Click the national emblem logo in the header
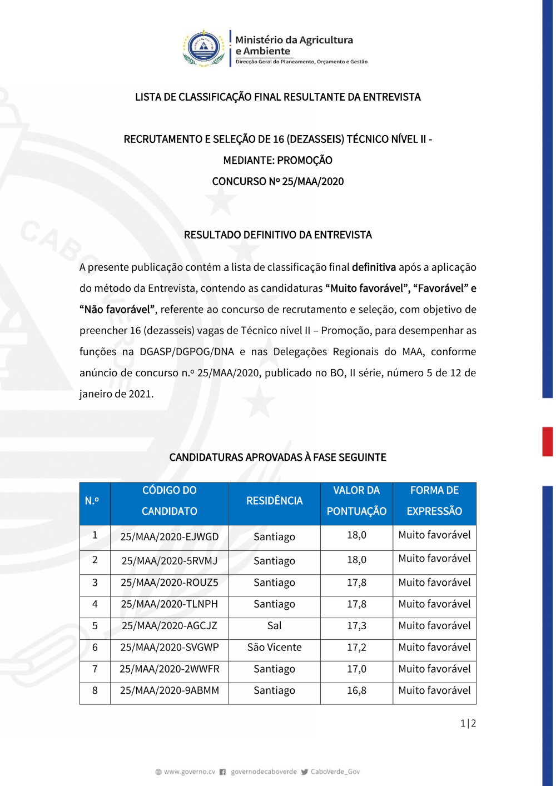tap(204, 48)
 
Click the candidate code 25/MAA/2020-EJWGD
tap(170, 537)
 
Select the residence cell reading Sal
tap(275, 626)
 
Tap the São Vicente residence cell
tap(275, 648)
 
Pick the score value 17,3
tap(356, 626)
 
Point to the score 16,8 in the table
tap(356, 690)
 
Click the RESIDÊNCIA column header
tap(275, 501)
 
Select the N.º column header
tap(92, 501)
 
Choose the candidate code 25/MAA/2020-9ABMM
tap(170, 690)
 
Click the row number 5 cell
tap(95, 626)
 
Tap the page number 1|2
tap(468, 723)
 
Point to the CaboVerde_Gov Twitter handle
tap(335, 772)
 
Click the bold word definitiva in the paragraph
tap(374, 267)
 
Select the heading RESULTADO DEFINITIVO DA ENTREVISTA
tap(278, 235)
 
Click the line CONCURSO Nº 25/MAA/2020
tap(278, 182)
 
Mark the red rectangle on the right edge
tap(548, 441)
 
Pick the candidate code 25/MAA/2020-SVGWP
tap(170, 648)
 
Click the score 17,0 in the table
tap(356, 669)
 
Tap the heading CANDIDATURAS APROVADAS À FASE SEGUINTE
tap(278, 457)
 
